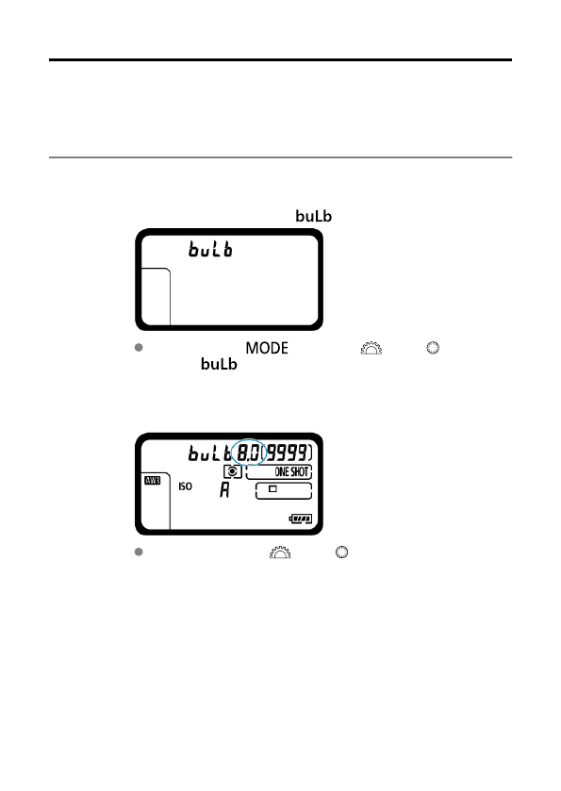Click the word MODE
[267, 348]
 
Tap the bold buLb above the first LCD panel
[313, 216]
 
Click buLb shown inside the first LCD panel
[210, 249]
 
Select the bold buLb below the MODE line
[219, 364]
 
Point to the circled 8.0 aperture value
[249, 453]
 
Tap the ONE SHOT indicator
[291, 472]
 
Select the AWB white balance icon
[153, 480]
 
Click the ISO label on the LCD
[185, 486]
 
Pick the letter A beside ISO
[224, 490]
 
